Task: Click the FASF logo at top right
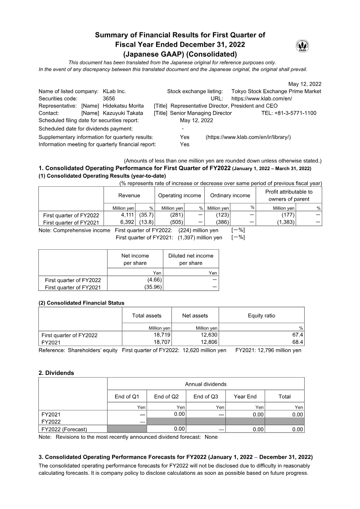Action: (302, 46)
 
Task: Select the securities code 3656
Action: (109, 99)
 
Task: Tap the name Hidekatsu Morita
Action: (122, 106)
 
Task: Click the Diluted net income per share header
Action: (191, 259)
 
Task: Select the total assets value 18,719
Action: (162, 335)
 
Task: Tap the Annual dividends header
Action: (206, 384)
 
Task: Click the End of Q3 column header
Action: (206, 396)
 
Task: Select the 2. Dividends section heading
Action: (56, 373)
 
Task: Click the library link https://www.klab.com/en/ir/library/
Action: (248, 137)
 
